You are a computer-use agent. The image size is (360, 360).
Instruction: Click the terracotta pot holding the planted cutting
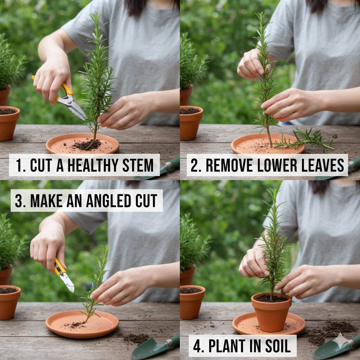(271, 312)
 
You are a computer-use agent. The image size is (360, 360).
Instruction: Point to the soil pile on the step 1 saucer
(87, 144)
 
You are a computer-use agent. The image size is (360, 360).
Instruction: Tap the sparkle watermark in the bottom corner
(341, 341)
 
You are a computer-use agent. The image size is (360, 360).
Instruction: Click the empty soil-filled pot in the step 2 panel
(191, 123)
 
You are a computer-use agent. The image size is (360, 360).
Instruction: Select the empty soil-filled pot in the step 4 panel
(192, 302)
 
